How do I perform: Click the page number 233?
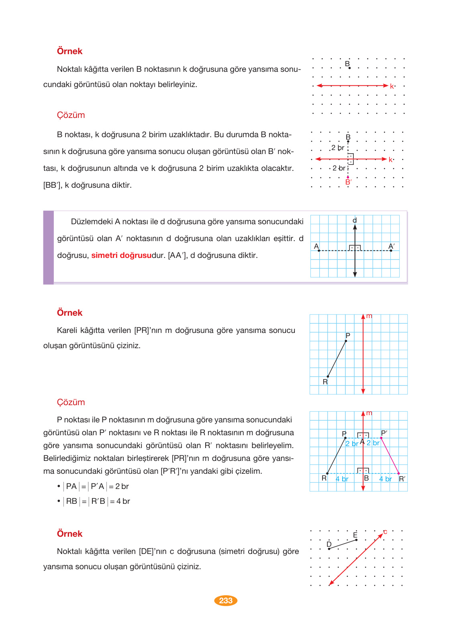click(x=226, y=600)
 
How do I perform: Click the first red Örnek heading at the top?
click(x=69, y=51)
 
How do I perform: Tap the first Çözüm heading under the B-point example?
click(x=71, y=115)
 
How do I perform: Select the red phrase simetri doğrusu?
click(x=121, y=256)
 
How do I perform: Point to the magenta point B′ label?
click(x=348, y=182)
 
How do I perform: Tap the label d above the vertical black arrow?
click(x=355, y=220)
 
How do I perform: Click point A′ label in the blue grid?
click(x=391, y=246)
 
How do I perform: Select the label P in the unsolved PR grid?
click(x=348, y=335)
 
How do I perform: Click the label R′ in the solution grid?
click(x=402, y=479)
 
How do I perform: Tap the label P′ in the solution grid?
click(x=384, y=433)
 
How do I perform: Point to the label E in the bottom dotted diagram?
click(x=355, y=535)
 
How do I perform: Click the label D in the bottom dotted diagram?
click(x=329, y=544)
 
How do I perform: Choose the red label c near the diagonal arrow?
click(x=385, y=532)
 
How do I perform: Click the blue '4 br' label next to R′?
click(x=385, y=479)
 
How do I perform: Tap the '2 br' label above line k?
click(x=337, y=148)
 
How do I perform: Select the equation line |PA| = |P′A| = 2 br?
click(x=97, y=487)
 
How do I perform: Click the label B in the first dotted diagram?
click(x=347, y=64)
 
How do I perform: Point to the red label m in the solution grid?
click(x=369, y=413)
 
